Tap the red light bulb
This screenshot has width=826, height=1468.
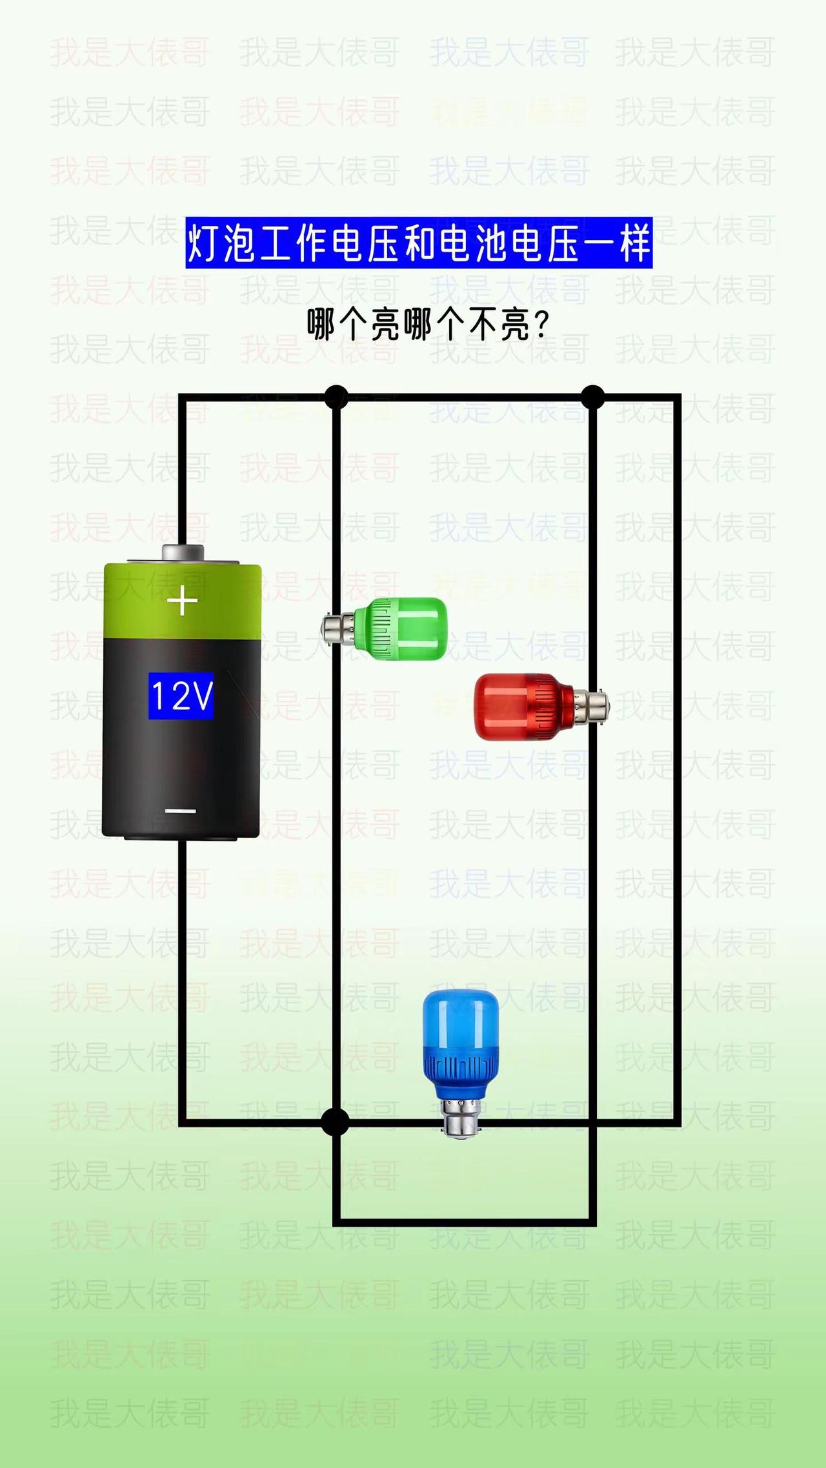523,706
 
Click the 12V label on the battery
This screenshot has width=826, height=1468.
181,696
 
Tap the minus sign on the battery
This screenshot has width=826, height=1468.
181,811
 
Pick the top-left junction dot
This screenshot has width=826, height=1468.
336,397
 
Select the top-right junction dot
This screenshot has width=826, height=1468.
592,397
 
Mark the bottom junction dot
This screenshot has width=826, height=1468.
335,1122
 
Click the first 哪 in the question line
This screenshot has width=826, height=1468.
320,325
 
